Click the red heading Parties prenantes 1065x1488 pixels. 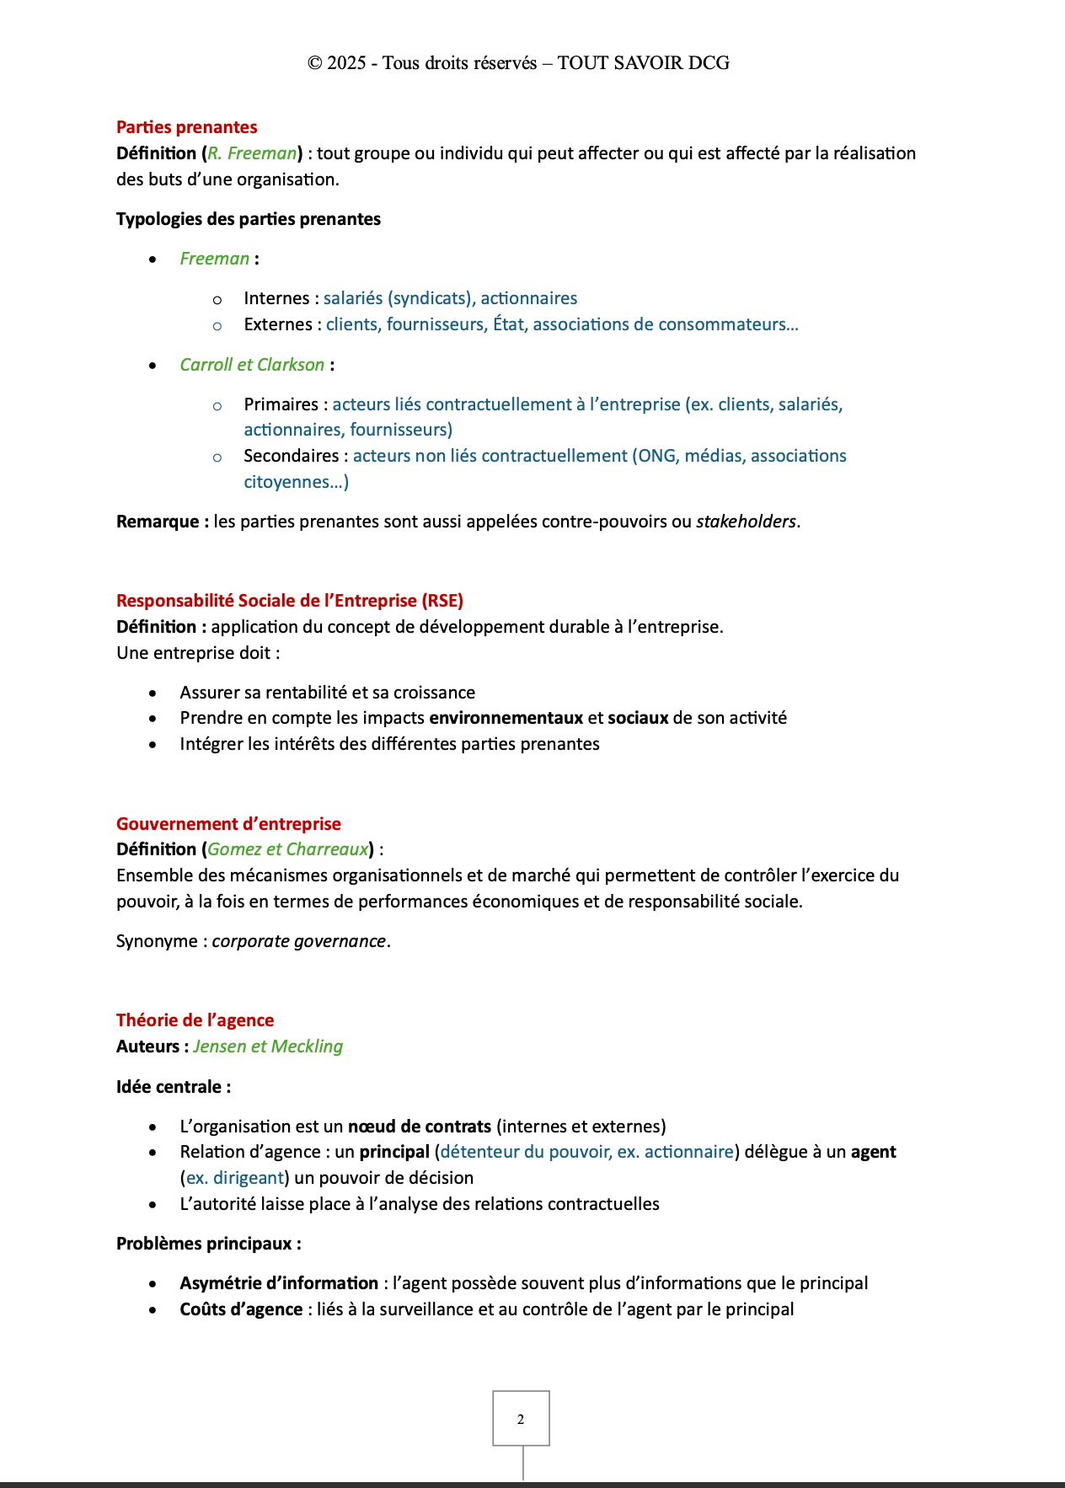186,127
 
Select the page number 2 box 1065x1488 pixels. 521,1419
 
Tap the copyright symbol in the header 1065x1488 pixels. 315,63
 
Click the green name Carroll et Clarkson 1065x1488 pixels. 252,365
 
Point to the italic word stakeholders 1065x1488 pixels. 746,522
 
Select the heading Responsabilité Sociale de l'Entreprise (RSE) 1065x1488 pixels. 290,601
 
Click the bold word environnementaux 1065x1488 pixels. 506,718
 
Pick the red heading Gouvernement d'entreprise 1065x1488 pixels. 228,824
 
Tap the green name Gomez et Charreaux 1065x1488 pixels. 287,849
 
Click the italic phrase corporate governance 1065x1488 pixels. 298,941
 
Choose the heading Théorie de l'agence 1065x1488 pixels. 195,1020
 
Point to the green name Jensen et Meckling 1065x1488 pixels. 268,1046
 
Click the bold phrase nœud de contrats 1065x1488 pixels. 419,1127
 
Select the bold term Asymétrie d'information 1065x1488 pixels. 279,1283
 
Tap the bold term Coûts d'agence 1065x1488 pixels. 241,1309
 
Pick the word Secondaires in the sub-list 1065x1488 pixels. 291,456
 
